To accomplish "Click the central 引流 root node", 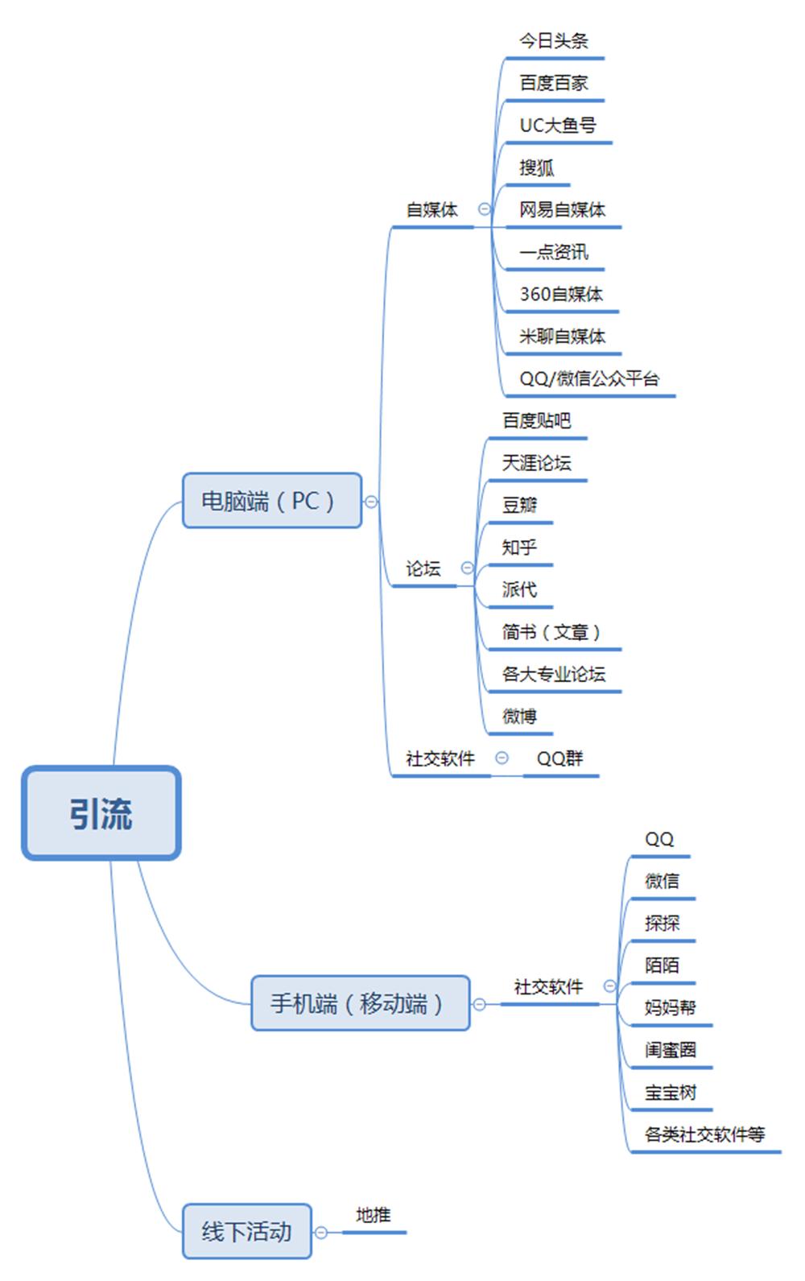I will click(x=101, y=813).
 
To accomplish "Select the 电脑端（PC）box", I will click(x=271, y=501).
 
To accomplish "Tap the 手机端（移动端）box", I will click(x=360, y=1003).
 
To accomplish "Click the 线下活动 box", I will click(x=246, y=1231).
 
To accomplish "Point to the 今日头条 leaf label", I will click(x=554, y=41).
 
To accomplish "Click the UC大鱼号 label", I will click(x=557, y=126).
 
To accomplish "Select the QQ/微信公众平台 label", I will click(x=588, y=378).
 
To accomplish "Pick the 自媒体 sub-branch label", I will click(x=431, y=210).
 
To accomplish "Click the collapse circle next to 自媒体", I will click(x=485, y=209).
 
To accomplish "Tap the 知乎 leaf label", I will click(x=519, y=548).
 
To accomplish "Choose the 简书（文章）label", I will click(x=551, y=632).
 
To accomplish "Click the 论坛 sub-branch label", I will click(x=423, y=569).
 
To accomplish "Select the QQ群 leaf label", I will click(x=559, y=758).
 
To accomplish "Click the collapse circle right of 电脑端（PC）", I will click(x=371, y=502).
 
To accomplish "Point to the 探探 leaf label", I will click(x=662, y=923).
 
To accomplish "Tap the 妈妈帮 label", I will click(x=670, y=1007).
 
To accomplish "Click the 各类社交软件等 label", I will click(x=704, y=1134).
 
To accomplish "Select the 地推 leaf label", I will click(x=374, y=1215).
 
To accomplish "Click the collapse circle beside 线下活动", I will click(x=321, y=1232).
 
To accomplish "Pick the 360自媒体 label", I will click(x=561, y=294).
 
